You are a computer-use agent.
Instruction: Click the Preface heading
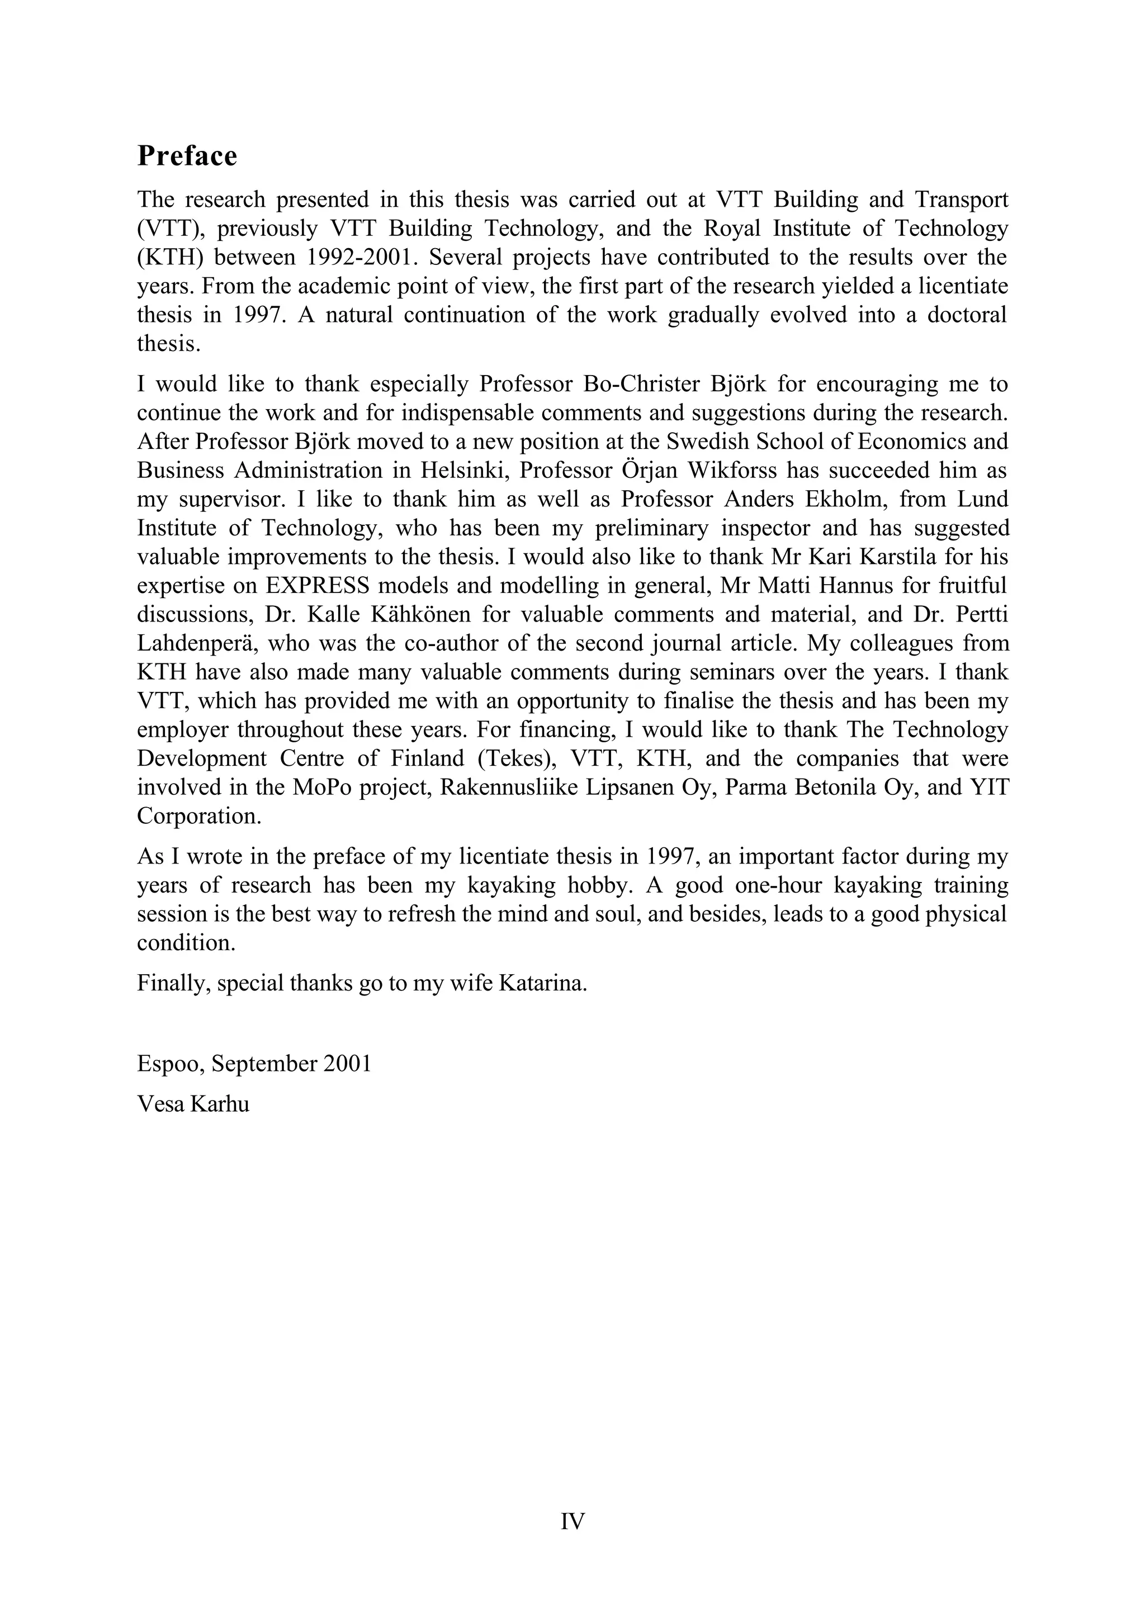(187, 156)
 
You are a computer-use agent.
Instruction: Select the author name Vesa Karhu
(193, 1104)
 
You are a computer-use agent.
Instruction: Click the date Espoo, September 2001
(254, 1064)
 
